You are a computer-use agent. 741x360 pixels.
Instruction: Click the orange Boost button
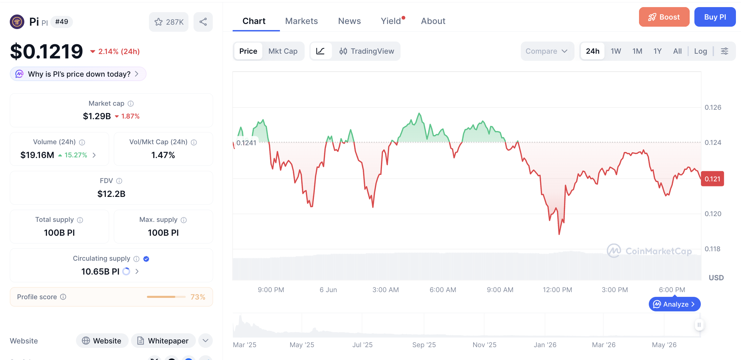[x=664, y=17]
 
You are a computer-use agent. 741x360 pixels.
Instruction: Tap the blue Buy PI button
[x=715, y=17]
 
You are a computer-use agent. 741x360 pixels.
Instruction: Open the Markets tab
[x=301, y=21]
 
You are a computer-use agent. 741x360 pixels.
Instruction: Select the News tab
[x=349, y=21]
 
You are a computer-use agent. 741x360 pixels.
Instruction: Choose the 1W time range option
[x=616, y=51]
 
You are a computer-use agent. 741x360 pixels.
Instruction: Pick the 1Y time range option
[x=657, y=51]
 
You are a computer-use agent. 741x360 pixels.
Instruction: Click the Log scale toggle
[x=700, y=51]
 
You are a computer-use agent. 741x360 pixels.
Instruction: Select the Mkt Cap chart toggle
[x=283, y=51]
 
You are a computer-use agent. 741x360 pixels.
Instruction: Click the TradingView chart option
[x=366, y=51]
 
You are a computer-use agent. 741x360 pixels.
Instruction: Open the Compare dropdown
[x=547, y=51]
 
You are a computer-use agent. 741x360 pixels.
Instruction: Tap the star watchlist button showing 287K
[x=169, y=22]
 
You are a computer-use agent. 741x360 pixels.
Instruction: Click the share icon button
[x=203, y=22]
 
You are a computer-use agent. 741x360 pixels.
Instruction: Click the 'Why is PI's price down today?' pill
[x=78, y=74]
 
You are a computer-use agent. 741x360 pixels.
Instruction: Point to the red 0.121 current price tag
[x=712, y=179]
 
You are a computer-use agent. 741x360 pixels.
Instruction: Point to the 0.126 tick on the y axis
[x=713, y=107]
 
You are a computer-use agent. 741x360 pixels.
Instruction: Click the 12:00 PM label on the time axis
[x=557, y=290]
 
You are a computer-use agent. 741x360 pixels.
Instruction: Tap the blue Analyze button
[x=674, y=304]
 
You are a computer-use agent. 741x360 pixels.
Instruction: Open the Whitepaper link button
[x=163, y=341]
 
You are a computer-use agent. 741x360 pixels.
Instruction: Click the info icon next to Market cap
[x=131, y=104]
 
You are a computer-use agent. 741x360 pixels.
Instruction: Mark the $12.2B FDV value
[x=111, y=194]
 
